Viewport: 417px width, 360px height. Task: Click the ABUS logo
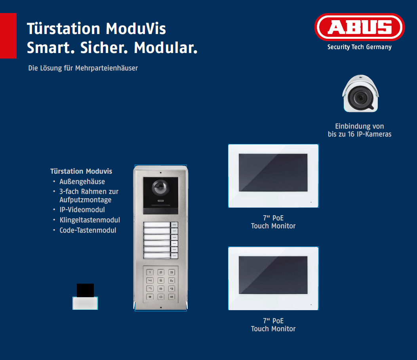coord(360,27)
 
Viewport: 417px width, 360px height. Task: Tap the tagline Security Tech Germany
coord(359,47)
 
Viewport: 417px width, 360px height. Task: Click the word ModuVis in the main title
coord(136,28)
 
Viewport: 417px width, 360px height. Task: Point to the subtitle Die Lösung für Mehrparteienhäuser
coord(83,68)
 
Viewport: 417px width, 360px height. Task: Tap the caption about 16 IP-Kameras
coord(360,130)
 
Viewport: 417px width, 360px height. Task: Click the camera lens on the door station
coord(160,187)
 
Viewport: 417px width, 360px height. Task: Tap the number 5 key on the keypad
coord(161,280)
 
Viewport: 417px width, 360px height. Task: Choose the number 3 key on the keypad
coord(171,272)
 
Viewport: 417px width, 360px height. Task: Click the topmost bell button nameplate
coord(157,224)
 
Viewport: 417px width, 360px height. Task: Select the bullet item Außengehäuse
coord(82,182)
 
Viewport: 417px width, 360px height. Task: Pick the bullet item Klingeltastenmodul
coord(89,220)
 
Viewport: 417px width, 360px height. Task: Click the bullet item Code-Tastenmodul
coord(88,230)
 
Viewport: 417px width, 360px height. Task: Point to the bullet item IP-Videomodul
coord(82,210)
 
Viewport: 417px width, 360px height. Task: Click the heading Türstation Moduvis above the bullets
coord(81,171)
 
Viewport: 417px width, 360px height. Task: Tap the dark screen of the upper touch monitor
coord(273,172)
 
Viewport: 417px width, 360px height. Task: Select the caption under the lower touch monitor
coord(273,325)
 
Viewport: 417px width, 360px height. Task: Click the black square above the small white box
coord(86,290)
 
